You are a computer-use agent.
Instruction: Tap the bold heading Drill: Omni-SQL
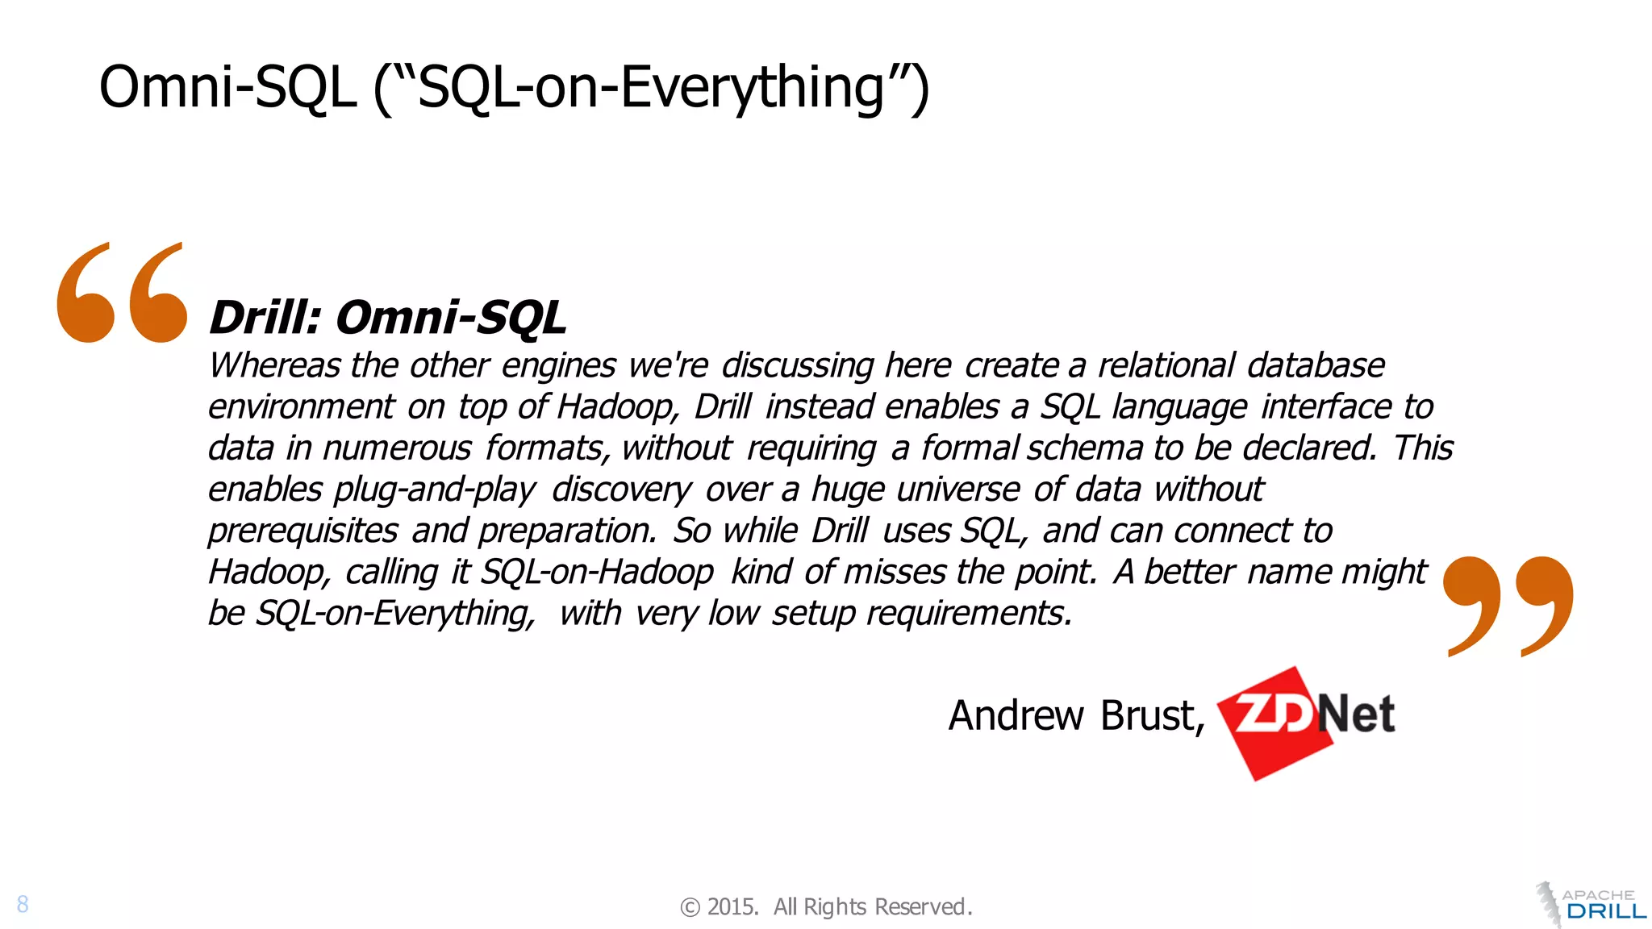point(387,317)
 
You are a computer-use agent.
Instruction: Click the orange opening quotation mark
point(122,293)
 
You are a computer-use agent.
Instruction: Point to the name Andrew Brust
point(1075,715)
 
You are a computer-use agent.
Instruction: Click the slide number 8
point(23,904)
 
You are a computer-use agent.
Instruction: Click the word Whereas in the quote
point(274,365)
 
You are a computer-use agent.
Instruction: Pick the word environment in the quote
point(301,406)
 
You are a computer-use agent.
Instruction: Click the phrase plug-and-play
point(434,489)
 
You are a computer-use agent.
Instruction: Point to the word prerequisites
point(302,531)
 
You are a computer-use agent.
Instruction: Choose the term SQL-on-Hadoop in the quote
point(597,572)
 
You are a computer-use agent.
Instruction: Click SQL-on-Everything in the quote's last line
point(395,613)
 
